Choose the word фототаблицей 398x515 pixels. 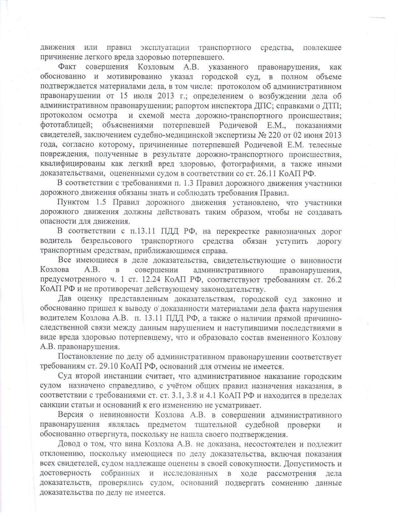click(63, 125)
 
